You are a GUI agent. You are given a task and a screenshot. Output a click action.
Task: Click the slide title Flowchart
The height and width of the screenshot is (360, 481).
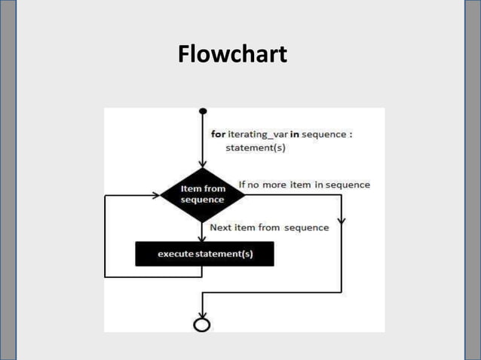click(x=232, y=55)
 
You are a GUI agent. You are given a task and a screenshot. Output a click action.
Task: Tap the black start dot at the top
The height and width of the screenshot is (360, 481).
click(x=202, y=111)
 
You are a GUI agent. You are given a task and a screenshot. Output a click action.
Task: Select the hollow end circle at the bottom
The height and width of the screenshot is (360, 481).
click(x=202, y=324)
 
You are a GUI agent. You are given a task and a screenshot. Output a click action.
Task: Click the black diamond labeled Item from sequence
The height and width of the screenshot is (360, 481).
click(x=202, y=194)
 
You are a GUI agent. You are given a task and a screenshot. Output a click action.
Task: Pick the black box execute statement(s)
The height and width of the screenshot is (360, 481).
click(x=204, y=254)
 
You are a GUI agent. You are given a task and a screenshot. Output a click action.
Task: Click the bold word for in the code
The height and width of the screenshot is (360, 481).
click(x=217, y=135)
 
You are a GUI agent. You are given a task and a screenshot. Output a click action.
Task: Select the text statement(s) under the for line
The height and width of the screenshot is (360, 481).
click(x=256, y=148)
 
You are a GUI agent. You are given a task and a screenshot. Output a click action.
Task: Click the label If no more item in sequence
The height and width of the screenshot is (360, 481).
click(x=304, y=185)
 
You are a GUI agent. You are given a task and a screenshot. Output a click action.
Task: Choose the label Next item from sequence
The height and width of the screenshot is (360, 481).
click(x=268, y=227)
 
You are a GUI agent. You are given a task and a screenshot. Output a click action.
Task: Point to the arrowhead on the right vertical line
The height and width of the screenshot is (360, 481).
click(x=342, y=222)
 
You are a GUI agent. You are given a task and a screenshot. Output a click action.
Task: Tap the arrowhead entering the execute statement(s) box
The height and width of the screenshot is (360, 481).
click(x=202, y=237)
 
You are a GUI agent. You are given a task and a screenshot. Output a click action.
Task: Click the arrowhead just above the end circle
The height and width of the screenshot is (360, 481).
click(x=202, y=313)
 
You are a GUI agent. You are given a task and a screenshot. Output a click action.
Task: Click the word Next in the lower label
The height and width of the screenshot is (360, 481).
click(x=220, y=227)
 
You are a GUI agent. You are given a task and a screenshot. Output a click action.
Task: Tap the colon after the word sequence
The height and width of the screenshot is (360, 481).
click(x=351, y=135)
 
